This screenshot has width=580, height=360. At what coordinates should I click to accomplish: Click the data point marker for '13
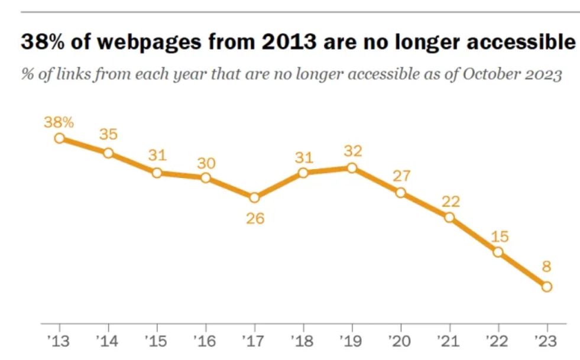[60, 138]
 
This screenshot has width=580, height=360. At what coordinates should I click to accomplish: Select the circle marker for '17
[254, 197]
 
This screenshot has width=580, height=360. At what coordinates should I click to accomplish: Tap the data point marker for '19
[352, 168]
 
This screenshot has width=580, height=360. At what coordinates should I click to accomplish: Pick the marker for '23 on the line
[546, 286]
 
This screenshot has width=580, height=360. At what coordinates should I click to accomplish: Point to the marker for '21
[449, 217]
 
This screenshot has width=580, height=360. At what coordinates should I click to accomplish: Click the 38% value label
[59, 122]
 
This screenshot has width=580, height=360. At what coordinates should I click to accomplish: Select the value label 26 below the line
[254, 219]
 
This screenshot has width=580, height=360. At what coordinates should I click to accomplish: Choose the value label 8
[546, 267]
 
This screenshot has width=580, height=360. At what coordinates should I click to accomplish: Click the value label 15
[498, 237]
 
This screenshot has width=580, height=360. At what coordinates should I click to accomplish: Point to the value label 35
[108, 135]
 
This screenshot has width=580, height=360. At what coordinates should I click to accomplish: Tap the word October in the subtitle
[488, 76]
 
